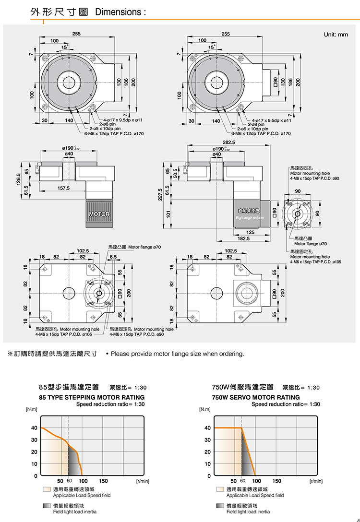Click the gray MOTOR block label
point(99,214)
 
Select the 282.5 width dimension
point(228,142)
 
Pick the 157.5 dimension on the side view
point(63,188)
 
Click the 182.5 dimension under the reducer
point(243,237)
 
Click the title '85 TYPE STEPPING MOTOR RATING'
point(92,397)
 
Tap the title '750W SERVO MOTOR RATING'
point(256,397)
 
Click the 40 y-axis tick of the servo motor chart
point(207,428)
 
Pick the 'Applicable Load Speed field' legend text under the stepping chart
point(82,495)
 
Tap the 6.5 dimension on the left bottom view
point(113,257)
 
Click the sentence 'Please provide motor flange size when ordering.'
point(177,354)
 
